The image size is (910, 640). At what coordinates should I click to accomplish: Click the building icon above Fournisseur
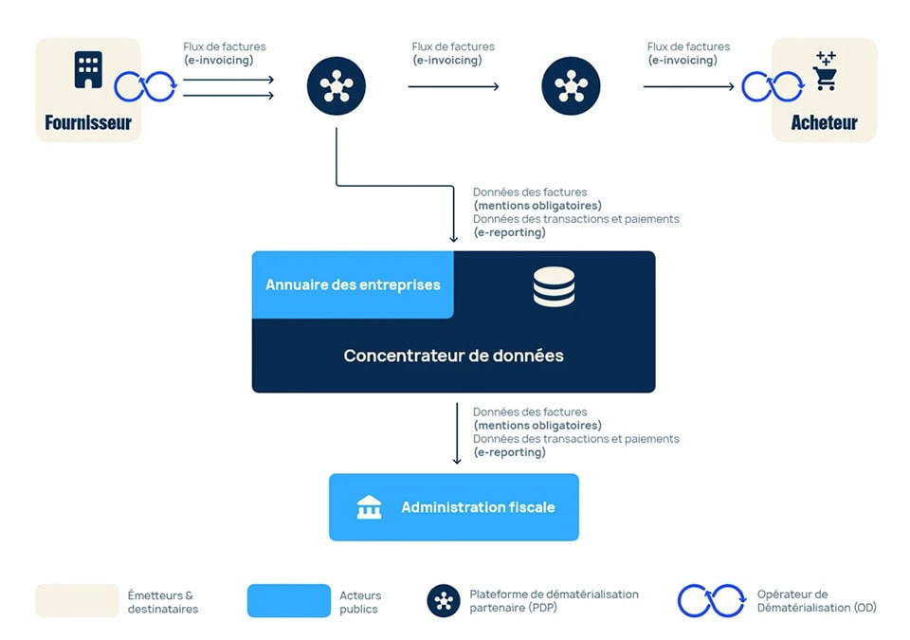click(x=88, y=70)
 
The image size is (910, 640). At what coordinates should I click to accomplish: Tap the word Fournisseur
click(x=88, y=122)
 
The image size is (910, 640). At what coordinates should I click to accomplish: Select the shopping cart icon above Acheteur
click(x=825, y=72)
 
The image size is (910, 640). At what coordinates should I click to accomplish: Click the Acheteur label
click(x=824, y=122)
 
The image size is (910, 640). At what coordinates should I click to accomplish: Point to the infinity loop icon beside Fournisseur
click(x=145, y=87)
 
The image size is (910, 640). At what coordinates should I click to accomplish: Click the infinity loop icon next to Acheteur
click(x=772, y=87)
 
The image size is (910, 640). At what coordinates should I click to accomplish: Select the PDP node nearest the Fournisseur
click(x=337, y=86)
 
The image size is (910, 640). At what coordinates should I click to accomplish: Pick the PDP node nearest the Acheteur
click(x=571, y=86)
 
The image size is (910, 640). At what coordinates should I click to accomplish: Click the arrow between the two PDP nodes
click(x=453, y=86)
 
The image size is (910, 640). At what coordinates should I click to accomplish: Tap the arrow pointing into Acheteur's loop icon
click(x=688, y=86)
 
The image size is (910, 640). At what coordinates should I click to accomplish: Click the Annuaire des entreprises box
click(x=353, y=284)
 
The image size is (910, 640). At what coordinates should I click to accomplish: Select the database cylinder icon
click(x=554, y=286)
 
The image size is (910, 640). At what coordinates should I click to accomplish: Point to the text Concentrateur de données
click(x=453, y=356)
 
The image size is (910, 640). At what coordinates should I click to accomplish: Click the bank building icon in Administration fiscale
click(x=369, y=507)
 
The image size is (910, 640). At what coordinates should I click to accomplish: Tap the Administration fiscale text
click(x=478, y=507)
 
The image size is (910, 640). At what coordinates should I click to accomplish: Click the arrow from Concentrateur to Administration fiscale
click(x=457, y=433)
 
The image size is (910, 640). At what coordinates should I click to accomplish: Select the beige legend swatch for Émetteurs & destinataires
click(x=77, y=601)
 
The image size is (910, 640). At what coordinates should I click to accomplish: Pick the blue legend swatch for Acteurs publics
click(x=289, y=601)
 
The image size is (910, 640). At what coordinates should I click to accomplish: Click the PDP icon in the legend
click(x=444, y=601)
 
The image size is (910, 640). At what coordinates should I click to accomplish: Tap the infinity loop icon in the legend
click(x=711, y=601)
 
